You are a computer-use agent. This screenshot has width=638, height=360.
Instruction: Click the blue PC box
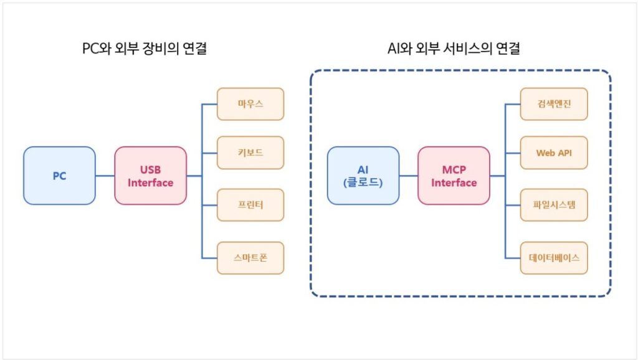coord(59,176)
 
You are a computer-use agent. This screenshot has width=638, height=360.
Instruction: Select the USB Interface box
coord(151,176)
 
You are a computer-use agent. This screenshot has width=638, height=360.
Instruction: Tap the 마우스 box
coord(250,104)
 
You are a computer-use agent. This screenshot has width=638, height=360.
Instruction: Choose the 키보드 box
coord(250,153)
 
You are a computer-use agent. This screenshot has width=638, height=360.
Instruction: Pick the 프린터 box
coord(250,205)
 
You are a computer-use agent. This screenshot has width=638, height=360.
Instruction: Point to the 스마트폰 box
coord(250,258)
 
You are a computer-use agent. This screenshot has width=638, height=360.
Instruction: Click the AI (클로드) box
coord(363,176)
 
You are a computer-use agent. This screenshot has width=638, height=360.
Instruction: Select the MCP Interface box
coord(454,176)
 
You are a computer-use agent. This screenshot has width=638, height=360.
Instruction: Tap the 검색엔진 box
coord(554,104)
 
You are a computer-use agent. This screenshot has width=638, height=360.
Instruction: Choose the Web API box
coord(554,153)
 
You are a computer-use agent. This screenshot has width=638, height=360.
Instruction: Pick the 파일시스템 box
coord(554,205)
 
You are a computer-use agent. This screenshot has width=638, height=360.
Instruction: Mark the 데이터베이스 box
coord(554,258)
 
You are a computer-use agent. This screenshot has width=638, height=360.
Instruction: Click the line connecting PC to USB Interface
coord(105,176)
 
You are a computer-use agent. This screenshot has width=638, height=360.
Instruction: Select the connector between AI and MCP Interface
coord(409,176)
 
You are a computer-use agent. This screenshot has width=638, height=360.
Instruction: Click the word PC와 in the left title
coord(97,49)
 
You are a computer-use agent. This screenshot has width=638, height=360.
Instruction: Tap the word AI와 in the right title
coord(399,49)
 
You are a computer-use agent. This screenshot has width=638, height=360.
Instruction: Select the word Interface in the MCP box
coord(454,182)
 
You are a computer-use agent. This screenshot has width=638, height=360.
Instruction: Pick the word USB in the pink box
coord(151,169)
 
